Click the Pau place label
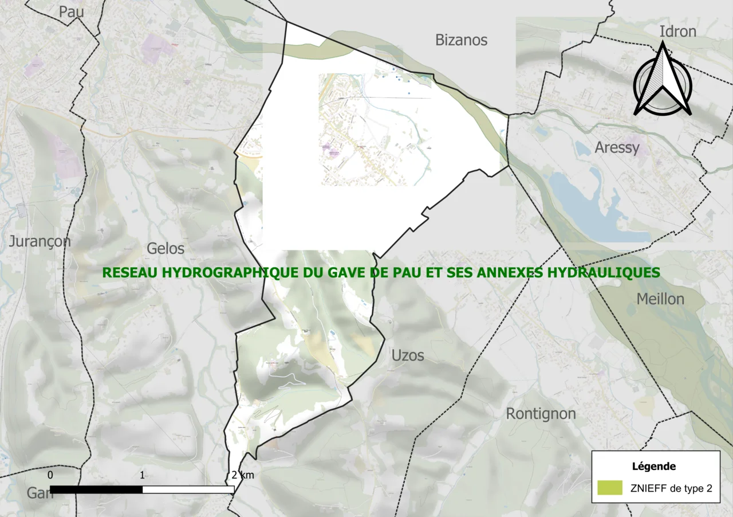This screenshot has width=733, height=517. [72, 11]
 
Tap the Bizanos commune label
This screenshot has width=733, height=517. [461, 40]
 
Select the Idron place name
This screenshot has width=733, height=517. [677, 32]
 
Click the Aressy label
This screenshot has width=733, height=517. [617, 148]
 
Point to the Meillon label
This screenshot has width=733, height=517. [660, 299]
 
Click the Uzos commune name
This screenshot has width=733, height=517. [408, 356]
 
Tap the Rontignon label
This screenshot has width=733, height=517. [541, 414]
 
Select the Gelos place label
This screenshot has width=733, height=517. [165, 249]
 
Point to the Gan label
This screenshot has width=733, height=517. [40, 493]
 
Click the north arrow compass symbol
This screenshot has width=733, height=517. [663, 80]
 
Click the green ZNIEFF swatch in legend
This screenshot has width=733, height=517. [609, 488]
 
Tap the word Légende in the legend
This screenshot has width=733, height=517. [653, 467]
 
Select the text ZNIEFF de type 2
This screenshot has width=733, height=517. [671, 489]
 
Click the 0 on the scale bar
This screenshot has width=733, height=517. [50, 475]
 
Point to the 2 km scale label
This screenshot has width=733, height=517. [243, 475]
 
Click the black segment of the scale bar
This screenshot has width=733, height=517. [96, 489]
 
